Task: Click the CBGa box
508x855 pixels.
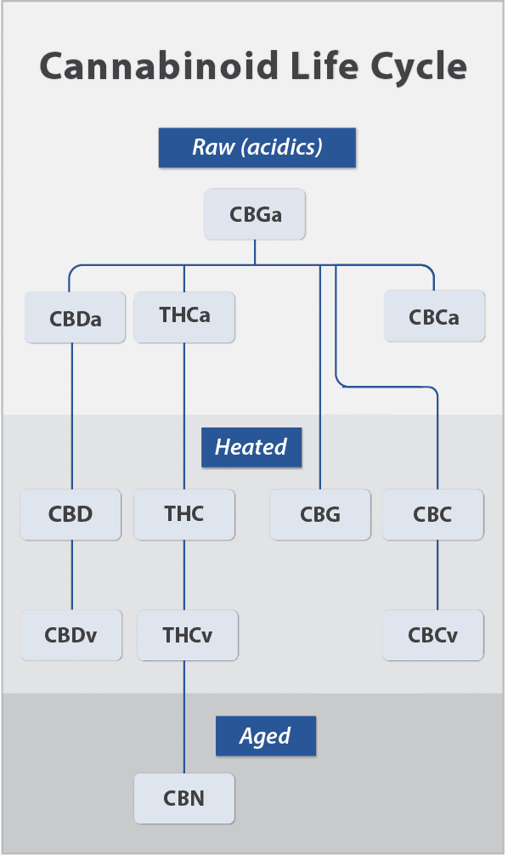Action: [x=255, y=214]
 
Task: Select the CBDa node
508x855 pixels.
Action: [x=76, y=318]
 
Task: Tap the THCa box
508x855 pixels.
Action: [x=184, y=317]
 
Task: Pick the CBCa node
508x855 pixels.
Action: [x=434, y=316]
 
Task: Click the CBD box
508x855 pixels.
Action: [x=71, y=515]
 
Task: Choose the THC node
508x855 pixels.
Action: [x=184, y=515]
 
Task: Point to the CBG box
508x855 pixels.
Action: [x=320, y=515]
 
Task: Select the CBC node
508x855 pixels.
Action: [x=433, y=515]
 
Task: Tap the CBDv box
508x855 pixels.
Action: [x=71, y=635]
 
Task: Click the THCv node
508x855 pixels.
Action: [x=188, y=635]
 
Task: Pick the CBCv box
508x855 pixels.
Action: [x=433, y=635]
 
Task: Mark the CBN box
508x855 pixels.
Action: [x=184, y=798]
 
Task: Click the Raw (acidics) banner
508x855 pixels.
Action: [x=257, y=148]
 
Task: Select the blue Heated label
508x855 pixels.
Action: [x=251, y=448]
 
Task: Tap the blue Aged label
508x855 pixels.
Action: [x=266, y=736]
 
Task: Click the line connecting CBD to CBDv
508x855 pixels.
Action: [x=72, y=575]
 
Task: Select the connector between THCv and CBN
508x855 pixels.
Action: [x=184, y=717]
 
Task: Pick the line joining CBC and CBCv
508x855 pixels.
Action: [x=437, y=575]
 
